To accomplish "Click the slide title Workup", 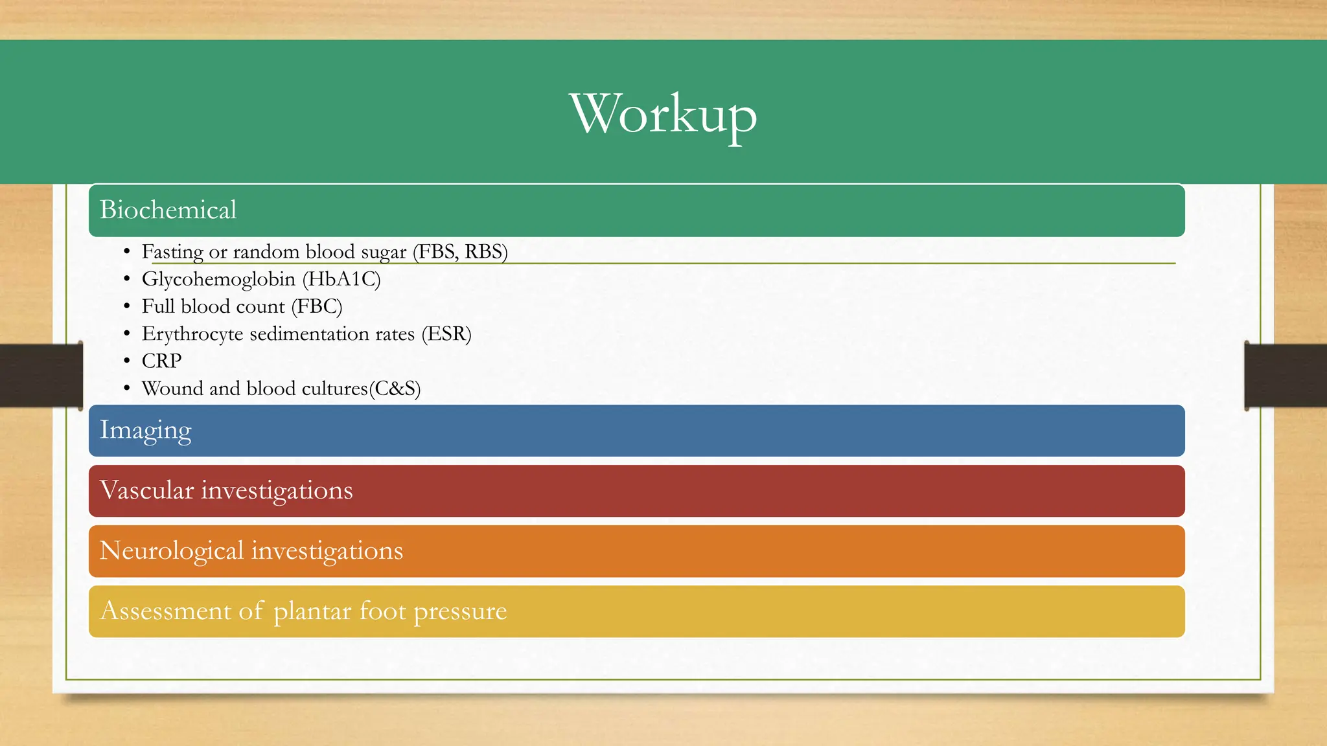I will (663, 115).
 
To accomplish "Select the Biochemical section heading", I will (168, 210).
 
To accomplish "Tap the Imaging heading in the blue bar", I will (145, 431).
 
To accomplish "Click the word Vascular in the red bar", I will (146, 490).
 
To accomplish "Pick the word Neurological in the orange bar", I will (171, 551).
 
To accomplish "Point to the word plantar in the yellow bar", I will (312, 611).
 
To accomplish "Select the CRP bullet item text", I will (161, 361).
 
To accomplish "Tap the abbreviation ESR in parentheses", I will (446, 334).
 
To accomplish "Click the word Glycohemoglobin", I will (218, 279).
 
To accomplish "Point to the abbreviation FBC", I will (317, 306).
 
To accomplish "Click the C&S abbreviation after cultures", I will (395, 389).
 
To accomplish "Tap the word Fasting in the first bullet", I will (172, 252).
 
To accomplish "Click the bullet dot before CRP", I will (127, 361).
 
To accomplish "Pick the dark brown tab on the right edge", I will (1286, 375).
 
